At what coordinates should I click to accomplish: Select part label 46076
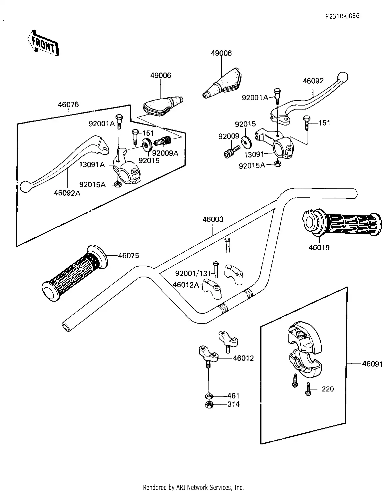(x=68, y=105)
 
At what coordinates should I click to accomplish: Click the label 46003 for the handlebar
(x=213, y=220)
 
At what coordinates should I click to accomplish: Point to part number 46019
(x=319, y=248)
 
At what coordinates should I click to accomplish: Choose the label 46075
(x=129, y=256)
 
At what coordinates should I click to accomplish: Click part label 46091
(x=372, y=364)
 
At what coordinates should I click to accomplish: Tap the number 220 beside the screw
(x=328, y=389)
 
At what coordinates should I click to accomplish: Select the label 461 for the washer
(x=233, y=396)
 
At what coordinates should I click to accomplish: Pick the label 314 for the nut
(x=233, y=404)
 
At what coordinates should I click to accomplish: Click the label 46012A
(x=186, y=285)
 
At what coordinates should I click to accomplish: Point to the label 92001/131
(x=193, y=273)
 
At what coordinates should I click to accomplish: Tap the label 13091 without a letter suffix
(x=254, y=154)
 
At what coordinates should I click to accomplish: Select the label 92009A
(x=165, y=153)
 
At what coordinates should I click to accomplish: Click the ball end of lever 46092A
(x=25, y=186)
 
